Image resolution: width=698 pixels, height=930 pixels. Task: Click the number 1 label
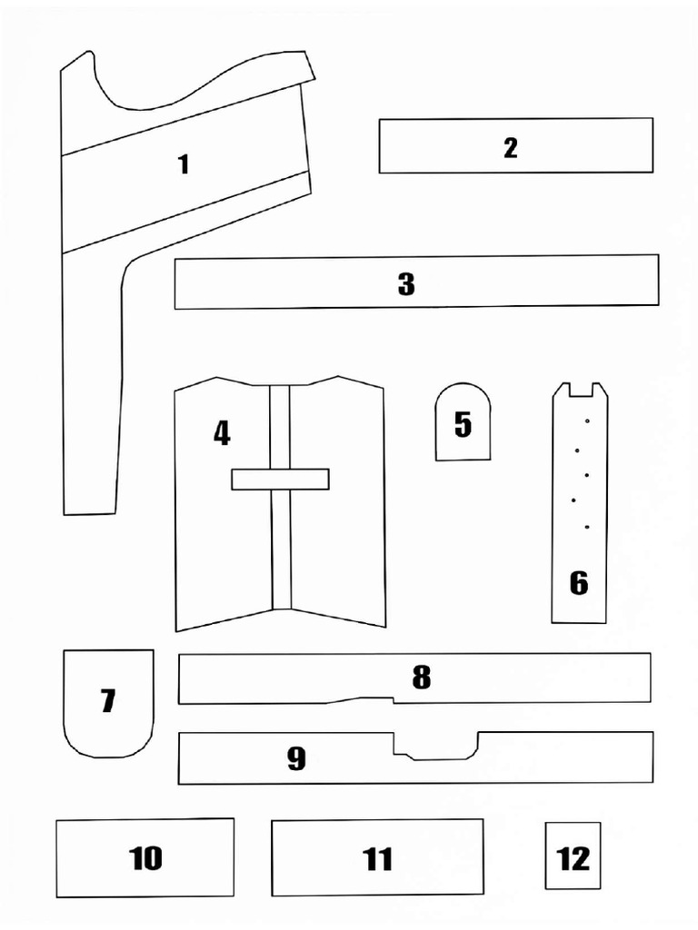[x=184, y=164]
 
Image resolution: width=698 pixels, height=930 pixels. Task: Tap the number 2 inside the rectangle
[x=511, y=148]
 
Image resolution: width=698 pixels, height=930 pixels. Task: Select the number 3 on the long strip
[x=406, y=284]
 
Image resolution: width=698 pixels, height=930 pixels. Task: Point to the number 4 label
[x=222, y=433]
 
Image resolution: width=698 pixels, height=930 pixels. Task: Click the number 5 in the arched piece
[x=463, y=424]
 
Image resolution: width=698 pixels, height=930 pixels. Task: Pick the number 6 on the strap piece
[x=579, y=583]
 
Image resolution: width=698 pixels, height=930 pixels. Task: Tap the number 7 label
[x=108, y=701]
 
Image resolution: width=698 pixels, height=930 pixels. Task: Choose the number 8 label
[x=421, y=678]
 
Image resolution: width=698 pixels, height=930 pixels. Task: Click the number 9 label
[x=296, y=759]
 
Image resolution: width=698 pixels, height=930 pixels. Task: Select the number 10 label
[x=145, y=858]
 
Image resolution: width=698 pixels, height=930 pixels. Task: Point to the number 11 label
[x=377, y=859]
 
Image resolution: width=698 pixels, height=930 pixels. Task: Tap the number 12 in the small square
[x=573, y=858]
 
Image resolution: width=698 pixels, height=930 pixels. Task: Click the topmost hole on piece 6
[x=589, y=421]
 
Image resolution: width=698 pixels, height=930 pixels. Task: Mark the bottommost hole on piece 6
[x=587, y=527]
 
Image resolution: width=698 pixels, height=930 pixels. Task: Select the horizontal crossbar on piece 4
[x=280, y=479]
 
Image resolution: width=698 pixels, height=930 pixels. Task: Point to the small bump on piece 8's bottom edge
[x=364, y=699]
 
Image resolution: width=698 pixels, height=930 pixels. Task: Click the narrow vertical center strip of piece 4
[x=281, y=545]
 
